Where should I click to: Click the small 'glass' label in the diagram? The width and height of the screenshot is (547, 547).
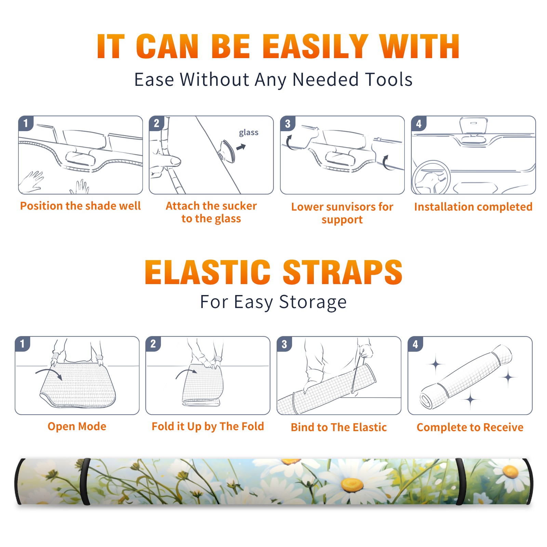249,133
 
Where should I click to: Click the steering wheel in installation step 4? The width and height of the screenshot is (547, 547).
431,177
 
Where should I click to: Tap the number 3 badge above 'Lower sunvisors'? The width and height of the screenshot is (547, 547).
288,123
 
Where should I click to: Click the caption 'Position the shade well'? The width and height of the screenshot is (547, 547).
80,206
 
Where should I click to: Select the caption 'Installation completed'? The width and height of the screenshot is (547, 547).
473,206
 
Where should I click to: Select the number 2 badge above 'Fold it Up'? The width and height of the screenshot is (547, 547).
153,344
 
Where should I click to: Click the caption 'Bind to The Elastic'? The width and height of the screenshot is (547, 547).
339,427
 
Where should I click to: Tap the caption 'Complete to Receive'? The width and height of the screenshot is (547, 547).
470,427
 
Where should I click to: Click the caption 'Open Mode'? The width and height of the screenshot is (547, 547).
77,426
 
